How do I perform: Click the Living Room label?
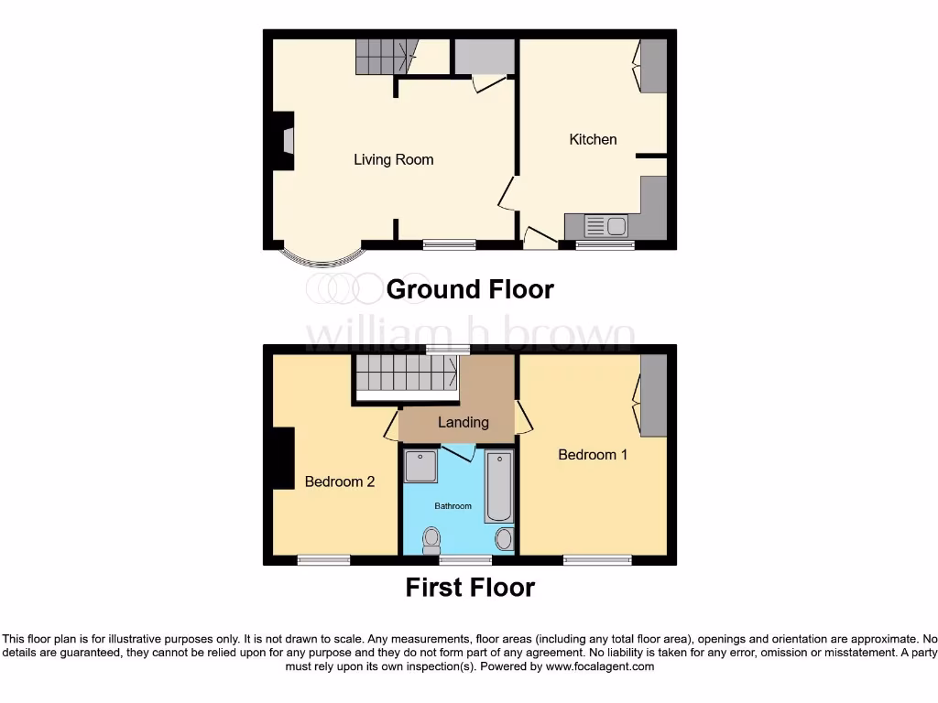click(x=394, y=160)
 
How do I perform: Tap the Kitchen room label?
click(x=593, y=139)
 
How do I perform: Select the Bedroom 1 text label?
click(x=593, y=454)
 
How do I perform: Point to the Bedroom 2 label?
click(x=340, y=481)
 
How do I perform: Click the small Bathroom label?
click(x=453, y=506)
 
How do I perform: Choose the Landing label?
click(x=463, y=422)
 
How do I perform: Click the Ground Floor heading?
click(x=470, y=289)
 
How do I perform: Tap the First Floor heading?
click(x=470, y=587)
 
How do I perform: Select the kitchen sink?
click(x=605, y=225)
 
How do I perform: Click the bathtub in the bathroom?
click(x=499, y=486)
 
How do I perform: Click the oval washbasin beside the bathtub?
click(x=504, y=539)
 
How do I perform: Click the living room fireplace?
click(x=284, y=142)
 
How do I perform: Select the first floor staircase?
click(x=406, y=373)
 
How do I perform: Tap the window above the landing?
click(x=449, y=349)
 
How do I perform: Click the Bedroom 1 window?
click(x=597, y=560)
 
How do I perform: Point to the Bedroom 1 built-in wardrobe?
click(x=653, y=395)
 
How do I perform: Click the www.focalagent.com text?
click(x=601, y=667)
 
